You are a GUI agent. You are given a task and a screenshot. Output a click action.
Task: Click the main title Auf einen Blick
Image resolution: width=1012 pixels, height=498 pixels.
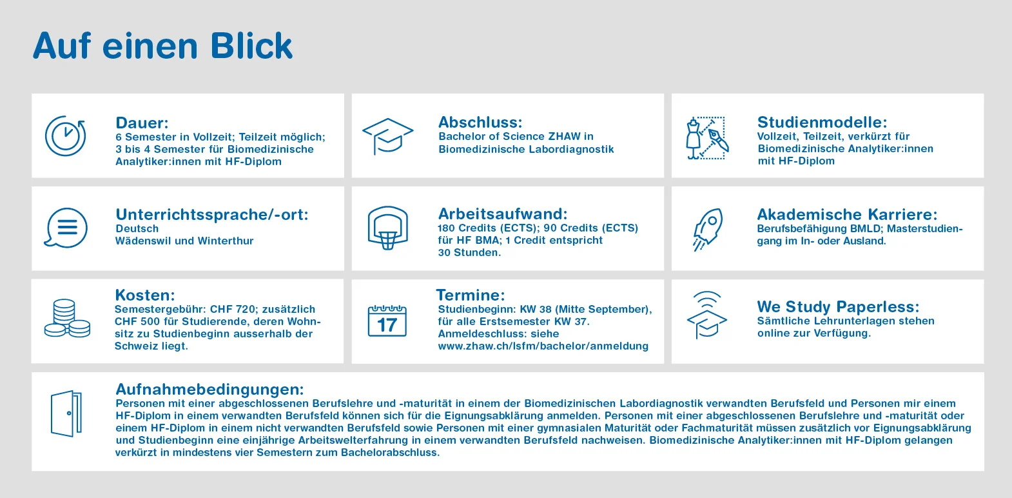[x=162, y=46]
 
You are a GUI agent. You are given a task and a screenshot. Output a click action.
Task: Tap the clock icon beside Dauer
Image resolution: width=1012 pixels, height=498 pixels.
[x=65, y=136]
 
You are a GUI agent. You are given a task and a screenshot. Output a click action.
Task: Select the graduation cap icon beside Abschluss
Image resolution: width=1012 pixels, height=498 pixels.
[x=387, y=135]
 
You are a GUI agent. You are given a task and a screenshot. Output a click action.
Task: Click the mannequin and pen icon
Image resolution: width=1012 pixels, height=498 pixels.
[x=706, y=138]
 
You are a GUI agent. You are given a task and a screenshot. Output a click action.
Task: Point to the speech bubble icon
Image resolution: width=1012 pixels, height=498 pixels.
[x=66, y=228]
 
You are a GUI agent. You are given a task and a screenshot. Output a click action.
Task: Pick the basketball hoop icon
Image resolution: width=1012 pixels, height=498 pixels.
[x=387, y=228]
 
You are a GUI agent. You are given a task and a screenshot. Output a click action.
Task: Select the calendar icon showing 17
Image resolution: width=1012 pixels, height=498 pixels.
[x=387, y=321]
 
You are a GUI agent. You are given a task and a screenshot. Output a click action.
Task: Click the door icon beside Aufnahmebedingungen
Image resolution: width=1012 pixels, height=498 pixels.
[x=66, y=413]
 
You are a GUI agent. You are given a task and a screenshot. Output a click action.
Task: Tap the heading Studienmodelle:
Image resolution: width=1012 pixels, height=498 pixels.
[x=822, y=123]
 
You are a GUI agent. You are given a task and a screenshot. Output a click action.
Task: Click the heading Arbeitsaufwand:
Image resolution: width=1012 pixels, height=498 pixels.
[x=503, y=214]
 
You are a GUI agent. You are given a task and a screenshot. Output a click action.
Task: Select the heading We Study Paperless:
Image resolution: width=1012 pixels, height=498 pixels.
[x=838, y=307]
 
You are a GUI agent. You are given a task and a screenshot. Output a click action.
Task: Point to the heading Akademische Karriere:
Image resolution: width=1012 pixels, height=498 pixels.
[x=847, y=215]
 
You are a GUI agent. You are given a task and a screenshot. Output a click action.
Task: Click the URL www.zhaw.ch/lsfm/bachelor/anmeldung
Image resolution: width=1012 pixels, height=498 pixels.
[x=543, y=346]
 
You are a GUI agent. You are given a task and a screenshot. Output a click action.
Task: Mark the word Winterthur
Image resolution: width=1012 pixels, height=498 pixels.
[x=225, y=241]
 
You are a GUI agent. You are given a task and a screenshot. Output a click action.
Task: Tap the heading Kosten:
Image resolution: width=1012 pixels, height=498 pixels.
[x=145, y=295]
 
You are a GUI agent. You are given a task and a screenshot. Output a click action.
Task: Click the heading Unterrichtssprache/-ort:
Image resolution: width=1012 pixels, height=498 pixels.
[x=212, y=215]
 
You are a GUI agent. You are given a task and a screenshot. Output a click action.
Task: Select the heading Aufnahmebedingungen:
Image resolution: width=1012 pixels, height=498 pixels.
[x=209, y=390]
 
